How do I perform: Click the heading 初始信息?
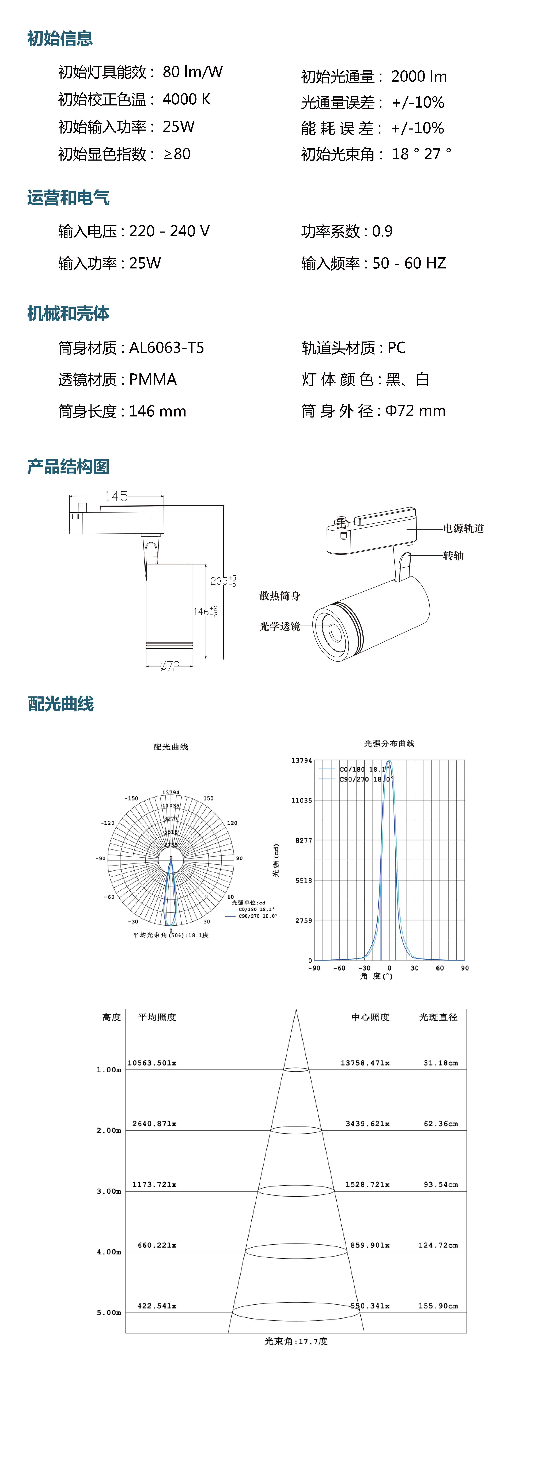tap(60, 39)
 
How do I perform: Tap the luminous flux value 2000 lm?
tap(419, 76)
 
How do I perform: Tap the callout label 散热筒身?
tap(280, 596)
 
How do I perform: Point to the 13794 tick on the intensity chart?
tap(301, 761)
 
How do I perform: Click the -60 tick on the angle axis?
tap(339, 968)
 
